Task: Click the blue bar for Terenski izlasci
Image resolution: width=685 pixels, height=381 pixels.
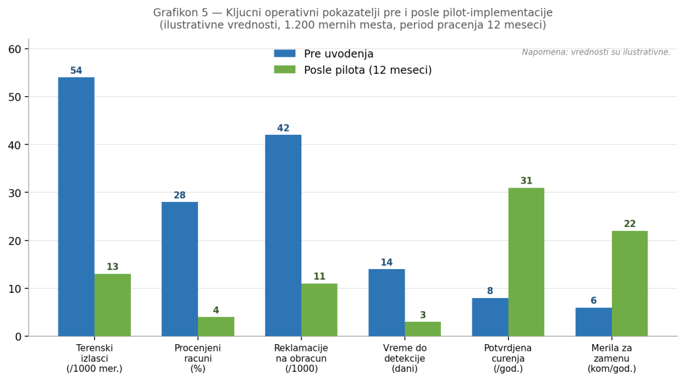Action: point(76,207)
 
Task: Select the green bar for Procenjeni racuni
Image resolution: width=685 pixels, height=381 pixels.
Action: point(216,326)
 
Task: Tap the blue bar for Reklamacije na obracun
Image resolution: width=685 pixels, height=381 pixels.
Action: point(283,236)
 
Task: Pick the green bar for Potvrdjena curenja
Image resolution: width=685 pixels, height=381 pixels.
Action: point(526,262)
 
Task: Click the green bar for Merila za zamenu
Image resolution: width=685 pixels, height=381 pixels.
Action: point(629,284)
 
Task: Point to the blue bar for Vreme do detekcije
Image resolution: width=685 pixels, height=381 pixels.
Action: point(386,303)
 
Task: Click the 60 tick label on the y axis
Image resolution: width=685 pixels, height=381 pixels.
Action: point(14,49)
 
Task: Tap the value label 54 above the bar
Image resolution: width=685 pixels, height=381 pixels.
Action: point(76,71)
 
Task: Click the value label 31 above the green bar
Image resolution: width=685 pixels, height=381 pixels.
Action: point(526,181)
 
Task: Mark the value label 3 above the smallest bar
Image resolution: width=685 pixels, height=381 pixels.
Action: point(422,315)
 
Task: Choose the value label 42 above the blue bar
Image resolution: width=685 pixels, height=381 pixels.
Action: point(283,128)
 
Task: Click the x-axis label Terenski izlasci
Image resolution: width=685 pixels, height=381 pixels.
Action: point(94,358)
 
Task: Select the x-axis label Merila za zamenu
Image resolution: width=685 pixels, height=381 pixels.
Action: point(611,358)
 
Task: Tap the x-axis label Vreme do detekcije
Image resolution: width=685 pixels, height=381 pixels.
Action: point(405,358)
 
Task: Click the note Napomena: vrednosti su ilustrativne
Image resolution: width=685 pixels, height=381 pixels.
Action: point(596,53)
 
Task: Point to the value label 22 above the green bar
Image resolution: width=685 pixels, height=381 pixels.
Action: point(630,224)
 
